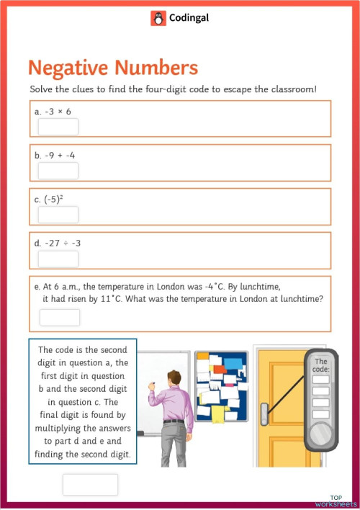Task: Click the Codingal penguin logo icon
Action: click(158, 19)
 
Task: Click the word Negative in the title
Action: click(70, 68)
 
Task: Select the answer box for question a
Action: click(58, 127)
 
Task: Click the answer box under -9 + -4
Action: click(58, 171)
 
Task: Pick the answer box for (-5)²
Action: click(58, 215)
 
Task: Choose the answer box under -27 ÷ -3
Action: click(58, 259)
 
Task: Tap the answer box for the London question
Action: click(60, 318)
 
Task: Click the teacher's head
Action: click(173, 378)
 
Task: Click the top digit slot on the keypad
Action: click(321, 380)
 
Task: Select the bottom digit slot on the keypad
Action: click(321, 414)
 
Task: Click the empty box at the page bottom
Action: click(90, 484)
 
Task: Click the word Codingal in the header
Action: click(189, 19)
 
